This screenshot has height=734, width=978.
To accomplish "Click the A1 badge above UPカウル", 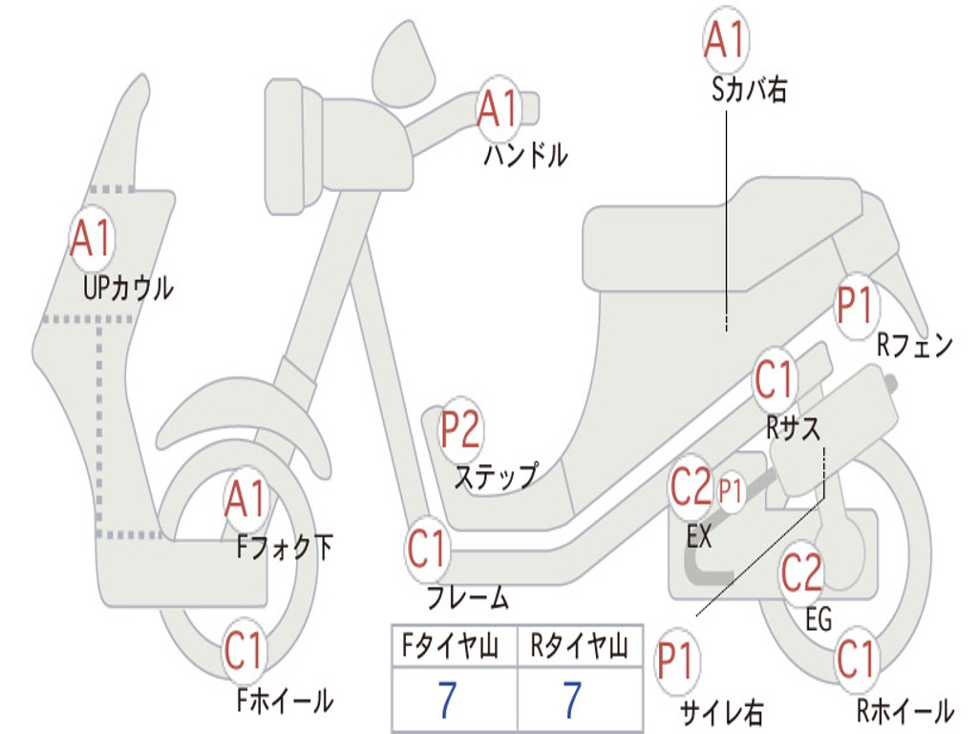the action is (x=92, y=239).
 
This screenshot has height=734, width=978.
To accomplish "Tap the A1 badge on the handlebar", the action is (x=498, y=109).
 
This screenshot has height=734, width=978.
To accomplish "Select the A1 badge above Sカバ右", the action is (x=724, y=39).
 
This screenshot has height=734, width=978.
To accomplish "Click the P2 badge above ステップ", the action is (x=460, y=430).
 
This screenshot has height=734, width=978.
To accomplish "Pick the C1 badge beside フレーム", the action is (x=428, y=550).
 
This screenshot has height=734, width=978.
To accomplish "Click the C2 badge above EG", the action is (x=801, y=572).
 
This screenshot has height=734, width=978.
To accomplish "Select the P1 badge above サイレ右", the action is (x=676, y=660).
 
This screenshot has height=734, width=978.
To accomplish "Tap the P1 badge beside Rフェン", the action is (x=855, y=307).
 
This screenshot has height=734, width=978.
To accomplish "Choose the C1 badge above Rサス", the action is (x=775, y=380).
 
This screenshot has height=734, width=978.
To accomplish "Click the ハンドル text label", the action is (x=525, y=155).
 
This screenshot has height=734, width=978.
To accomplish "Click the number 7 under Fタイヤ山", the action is (x=447, y=700).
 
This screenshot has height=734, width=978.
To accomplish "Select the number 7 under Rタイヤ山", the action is (x=572, y=700).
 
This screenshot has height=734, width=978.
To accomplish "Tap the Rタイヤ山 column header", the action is (x=579, y=648).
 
